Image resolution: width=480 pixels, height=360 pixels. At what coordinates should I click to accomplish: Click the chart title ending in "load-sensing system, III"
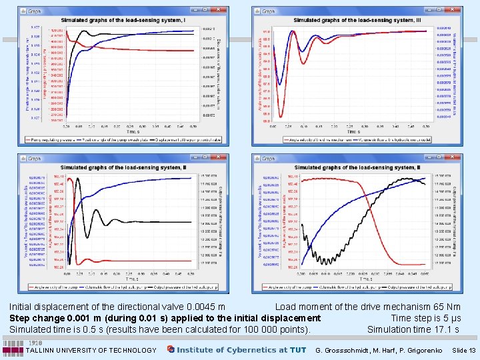357,21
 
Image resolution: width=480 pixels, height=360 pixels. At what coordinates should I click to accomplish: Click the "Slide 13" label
463,350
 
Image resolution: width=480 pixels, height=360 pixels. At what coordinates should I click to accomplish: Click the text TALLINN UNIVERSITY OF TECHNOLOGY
92,350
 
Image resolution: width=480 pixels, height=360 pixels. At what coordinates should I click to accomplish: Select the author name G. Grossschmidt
346,350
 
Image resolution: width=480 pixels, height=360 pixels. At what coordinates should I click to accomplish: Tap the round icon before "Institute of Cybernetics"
171,349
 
